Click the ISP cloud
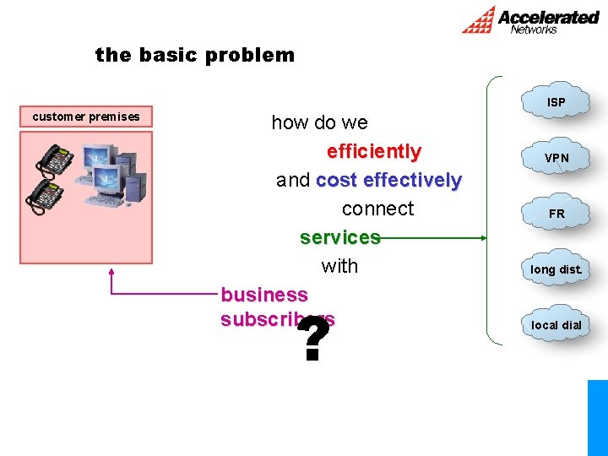tap(556, 101)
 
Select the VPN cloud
tap(556, 157)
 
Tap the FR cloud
tap(556, 213)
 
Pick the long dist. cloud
tap(556, 269)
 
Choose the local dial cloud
tap(556, 324)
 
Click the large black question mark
tap(313, 340)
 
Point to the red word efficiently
tap(373, 152)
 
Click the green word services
tap(339, 237)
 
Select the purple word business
tap(264, 295)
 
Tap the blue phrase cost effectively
tap(388, 181)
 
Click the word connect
tap(377, 209)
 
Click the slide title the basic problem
tap(195, 56)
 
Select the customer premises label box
tap(86, 117)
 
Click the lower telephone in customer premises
tap(44, 195)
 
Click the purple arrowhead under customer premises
tap(111, 273)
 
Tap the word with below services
tap(339, 266)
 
